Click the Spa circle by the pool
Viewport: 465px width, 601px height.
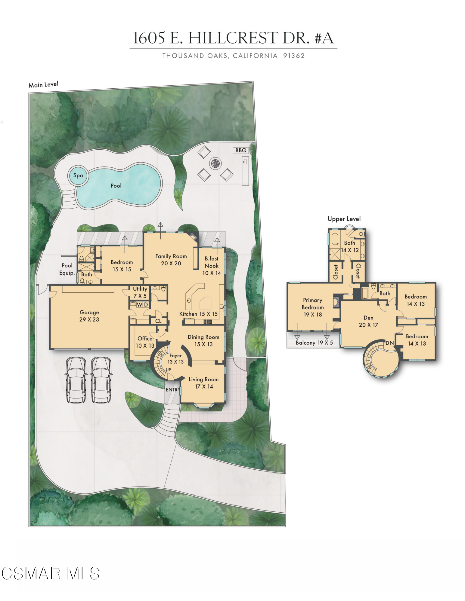[78, 175]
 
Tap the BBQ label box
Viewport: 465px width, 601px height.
[241, 150]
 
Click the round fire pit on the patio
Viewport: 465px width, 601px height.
[215, 163]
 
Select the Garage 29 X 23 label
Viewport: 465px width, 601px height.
[89, 316]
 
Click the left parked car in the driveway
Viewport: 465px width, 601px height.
[76, 380]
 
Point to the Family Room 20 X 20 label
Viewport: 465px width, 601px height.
[171, 260]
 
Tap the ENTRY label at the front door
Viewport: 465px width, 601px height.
[173, 390]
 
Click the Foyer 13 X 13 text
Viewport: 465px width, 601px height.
[175, 359]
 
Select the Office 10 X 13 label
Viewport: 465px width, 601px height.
[145, 342]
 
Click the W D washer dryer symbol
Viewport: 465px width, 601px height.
[142, 305]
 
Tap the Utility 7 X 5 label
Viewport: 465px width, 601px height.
[140, 292]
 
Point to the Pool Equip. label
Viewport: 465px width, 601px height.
[67, 269]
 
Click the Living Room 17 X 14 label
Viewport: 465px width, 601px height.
[203, 383]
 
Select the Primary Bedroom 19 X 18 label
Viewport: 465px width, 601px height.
[313, 307]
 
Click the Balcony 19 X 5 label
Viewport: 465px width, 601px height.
[314, 343]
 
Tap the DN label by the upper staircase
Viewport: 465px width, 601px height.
[389, 343]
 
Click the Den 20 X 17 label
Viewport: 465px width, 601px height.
[368, 321]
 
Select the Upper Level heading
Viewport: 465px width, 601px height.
[344, 219]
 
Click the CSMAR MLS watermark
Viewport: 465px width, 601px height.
[50, 574]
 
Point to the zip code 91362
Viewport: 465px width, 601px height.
[294, 56]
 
